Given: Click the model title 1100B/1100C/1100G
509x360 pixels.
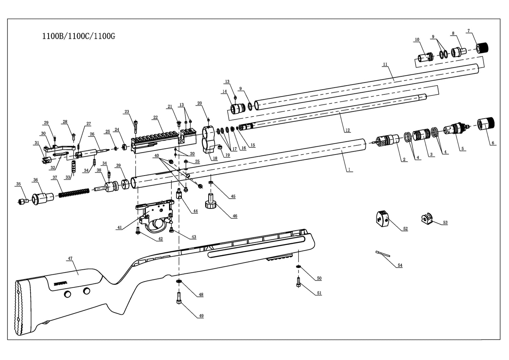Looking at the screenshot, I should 78,36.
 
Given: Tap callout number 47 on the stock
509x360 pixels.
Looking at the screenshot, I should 70,258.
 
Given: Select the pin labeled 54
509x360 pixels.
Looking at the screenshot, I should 383,254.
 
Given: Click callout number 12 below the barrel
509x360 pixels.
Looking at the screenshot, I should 347,130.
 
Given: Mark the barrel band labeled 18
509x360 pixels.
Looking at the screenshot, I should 208,139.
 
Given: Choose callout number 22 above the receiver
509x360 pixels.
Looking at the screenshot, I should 155,118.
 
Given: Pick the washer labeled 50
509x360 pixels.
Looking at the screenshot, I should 298,266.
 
